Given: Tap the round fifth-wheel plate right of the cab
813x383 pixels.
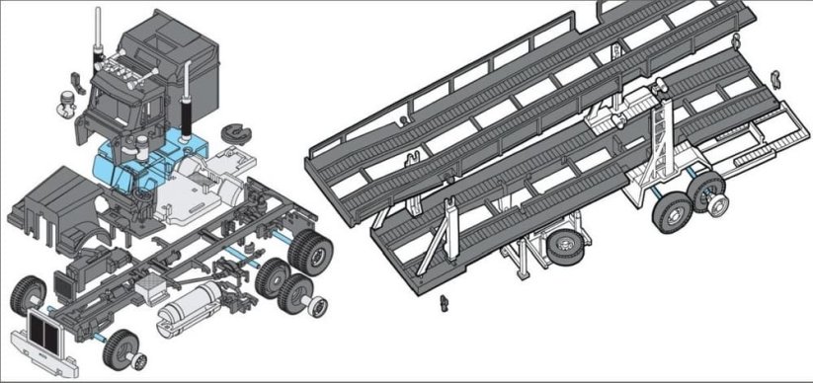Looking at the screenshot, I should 234,131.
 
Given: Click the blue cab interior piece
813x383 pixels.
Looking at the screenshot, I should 148,163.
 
